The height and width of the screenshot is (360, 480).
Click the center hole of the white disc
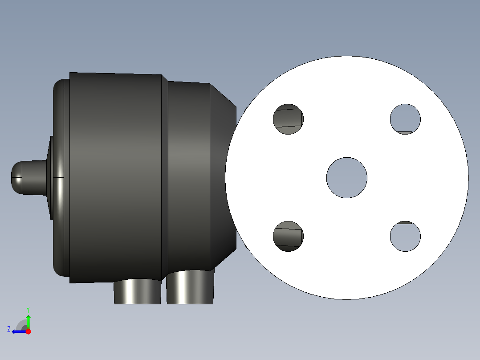347,178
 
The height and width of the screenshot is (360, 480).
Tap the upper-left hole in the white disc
289,119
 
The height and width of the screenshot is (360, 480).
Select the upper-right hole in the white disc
405,119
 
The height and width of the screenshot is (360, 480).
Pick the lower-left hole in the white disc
289,236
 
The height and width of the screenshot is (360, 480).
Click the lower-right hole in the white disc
405,236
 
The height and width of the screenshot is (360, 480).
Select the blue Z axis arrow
20,331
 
